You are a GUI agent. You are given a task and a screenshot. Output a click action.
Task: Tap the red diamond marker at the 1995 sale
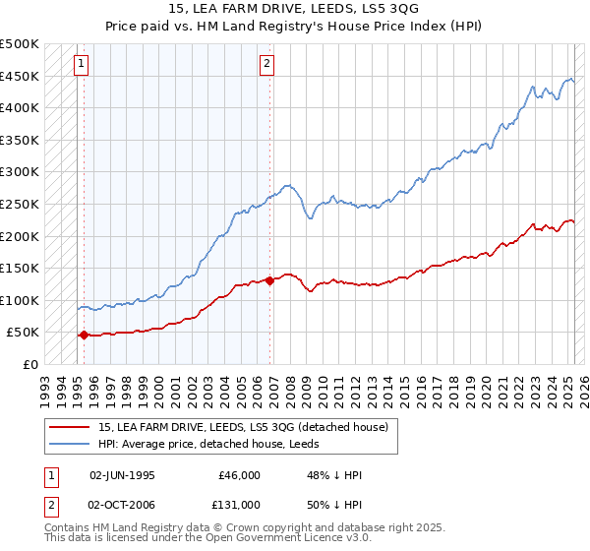[84, 335]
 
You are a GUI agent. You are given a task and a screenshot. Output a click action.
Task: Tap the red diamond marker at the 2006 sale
[269, 280]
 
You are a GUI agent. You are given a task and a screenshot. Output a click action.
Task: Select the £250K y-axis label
[20, 204]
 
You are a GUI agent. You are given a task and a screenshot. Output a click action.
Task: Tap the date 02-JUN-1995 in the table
[122, 475]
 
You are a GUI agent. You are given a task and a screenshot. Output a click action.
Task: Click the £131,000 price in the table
[239, 505]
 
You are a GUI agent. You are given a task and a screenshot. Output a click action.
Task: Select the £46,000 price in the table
[239, 475]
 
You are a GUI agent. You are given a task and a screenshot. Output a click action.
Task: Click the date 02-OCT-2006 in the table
[122, 505]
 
